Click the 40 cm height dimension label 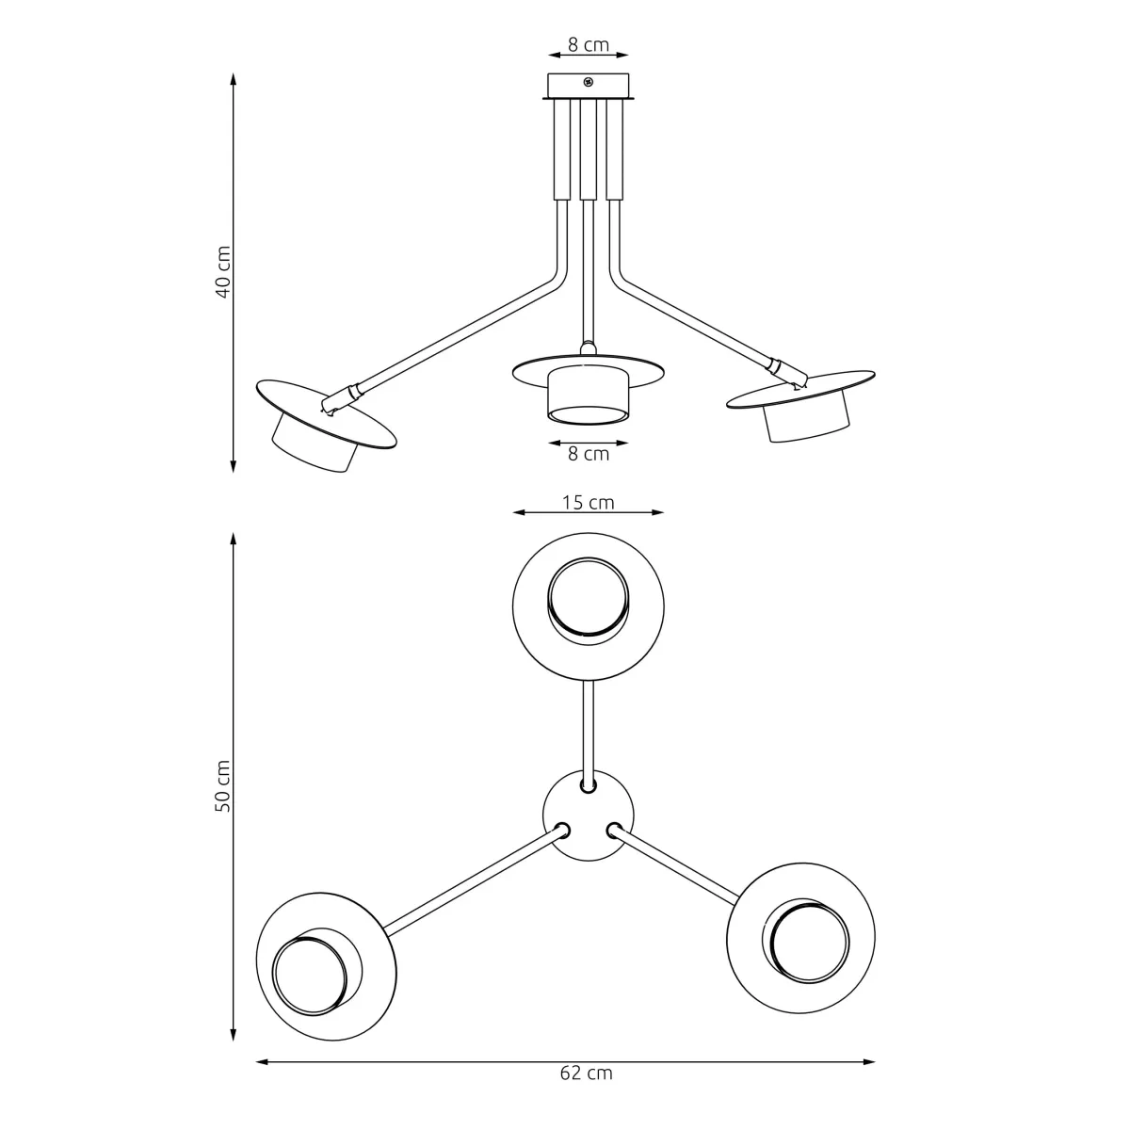coord(223,272)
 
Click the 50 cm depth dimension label coord(223,786)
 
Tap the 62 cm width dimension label coord(586,1073)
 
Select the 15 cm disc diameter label coord(589,502)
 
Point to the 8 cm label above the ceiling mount coord(589,44)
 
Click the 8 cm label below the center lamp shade coord(589,454)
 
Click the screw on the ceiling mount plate coord(589,82)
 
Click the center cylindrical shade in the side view coord(589,395)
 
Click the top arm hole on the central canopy coord(589,783)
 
